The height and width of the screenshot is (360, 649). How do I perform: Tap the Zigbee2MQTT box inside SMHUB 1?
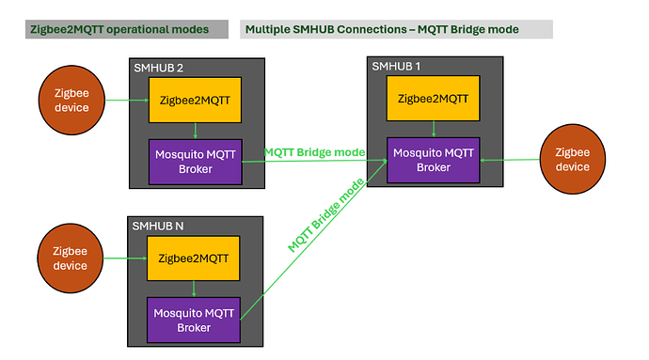[x=432, y=98]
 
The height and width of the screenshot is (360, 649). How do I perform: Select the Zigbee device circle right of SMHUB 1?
[x=572, y=160]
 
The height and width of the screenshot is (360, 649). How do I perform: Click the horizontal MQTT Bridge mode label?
[x=314, y=152]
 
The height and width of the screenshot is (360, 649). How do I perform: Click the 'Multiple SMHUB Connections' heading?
[x=381, y=29]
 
